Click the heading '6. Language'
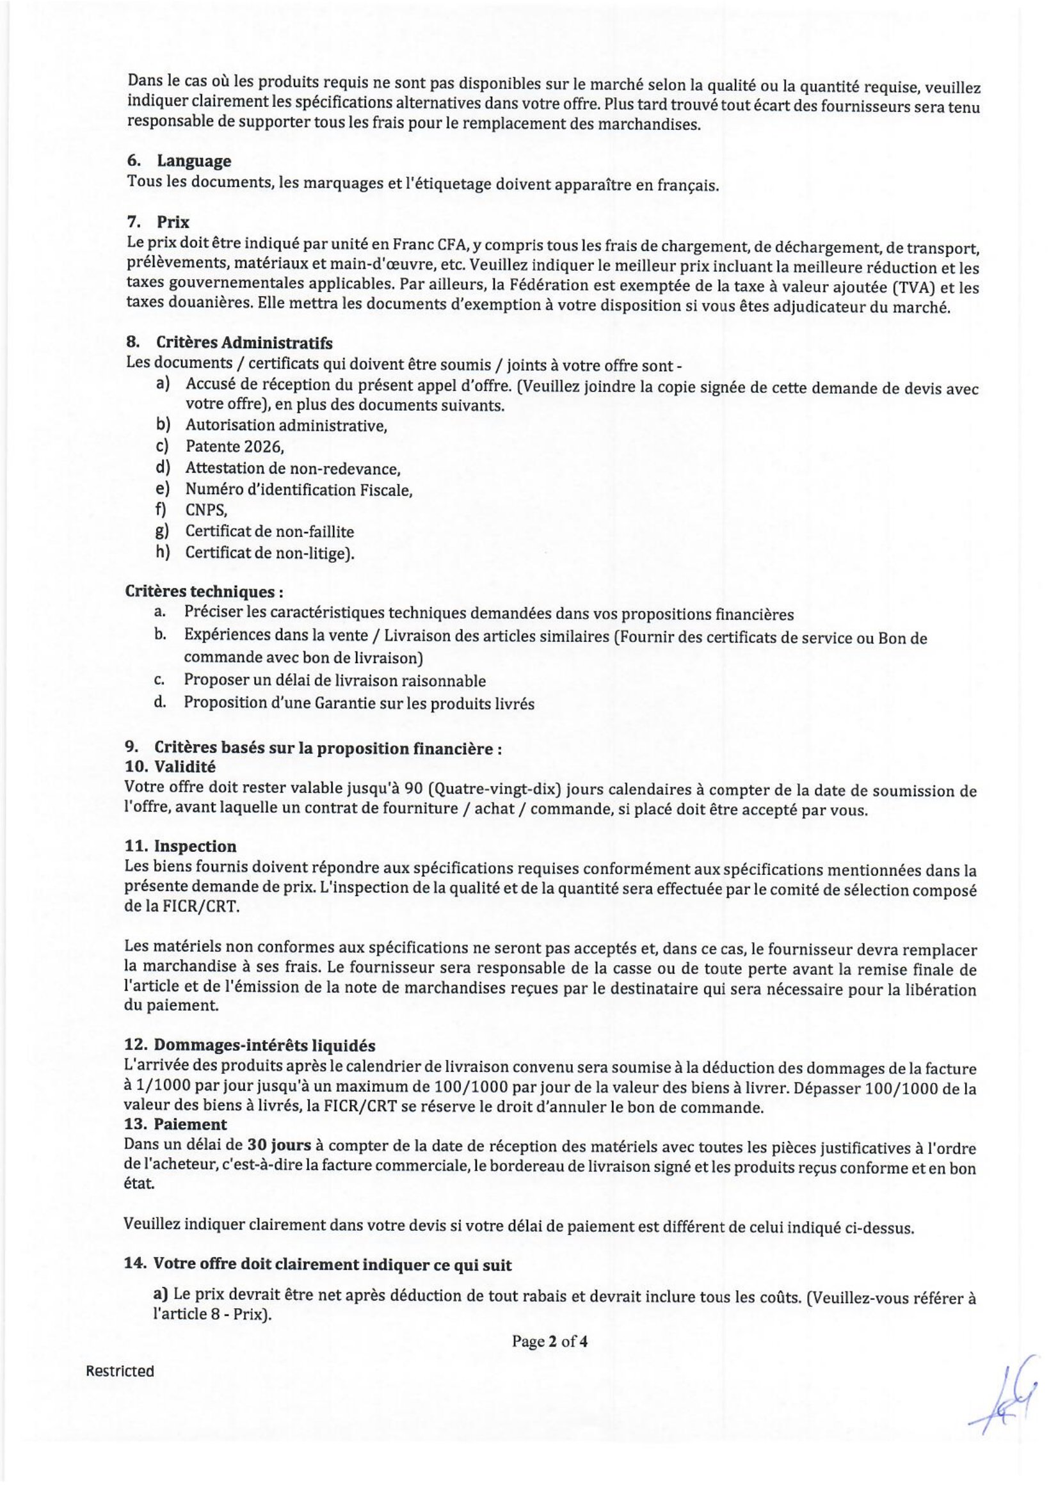click(179, 161)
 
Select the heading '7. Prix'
click(159, 222)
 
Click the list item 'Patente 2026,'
click(235, 447)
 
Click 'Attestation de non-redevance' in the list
click(293, 468)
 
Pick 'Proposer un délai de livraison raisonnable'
click(334, 681)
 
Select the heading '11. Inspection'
click(180, 846)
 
